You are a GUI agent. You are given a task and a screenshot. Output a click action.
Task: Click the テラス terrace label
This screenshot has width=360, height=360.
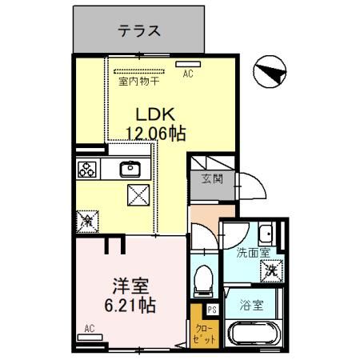pos(140,32)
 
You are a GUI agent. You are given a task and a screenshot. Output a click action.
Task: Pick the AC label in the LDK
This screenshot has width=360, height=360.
pos(189,74)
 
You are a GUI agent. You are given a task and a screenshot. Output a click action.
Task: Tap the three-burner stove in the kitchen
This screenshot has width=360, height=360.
pos(87,170)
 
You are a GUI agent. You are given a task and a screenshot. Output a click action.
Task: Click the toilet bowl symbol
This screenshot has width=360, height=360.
pos(204,280)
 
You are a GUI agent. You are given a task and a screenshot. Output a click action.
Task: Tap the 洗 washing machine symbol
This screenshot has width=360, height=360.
pos(272,270)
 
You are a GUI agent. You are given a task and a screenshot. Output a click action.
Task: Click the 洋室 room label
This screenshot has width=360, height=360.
pos(130,284)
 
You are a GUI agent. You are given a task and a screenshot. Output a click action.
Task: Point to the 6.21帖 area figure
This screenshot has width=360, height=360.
pos(130,305)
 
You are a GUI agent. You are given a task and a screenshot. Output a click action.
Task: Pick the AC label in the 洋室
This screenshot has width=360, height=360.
pos(90,328)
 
